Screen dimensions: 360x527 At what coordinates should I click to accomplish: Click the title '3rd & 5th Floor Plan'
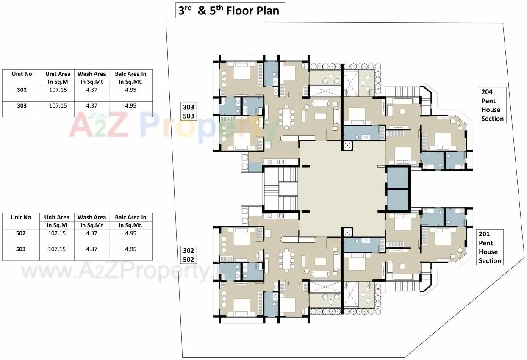point(230,10)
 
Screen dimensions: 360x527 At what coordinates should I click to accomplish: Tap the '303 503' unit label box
point(188,112)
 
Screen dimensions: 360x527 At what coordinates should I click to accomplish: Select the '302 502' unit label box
point(188,255)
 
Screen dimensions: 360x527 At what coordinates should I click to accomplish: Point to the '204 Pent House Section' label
point(492,105)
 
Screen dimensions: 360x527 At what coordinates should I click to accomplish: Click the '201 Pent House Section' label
point(490,247)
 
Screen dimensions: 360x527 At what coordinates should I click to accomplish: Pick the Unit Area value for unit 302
point(58,90)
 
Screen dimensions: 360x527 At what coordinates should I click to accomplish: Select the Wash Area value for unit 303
point(92,106)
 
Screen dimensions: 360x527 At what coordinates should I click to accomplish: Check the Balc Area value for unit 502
point(130,233)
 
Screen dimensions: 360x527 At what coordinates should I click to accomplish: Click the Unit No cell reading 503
point(21,249)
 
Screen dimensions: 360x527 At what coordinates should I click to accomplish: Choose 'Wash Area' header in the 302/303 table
point(92,74)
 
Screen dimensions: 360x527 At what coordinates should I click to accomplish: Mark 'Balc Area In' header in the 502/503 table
point(130,217)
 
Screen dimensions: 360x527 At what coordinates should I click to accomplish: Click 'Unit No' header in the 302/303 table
point(22,74)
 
